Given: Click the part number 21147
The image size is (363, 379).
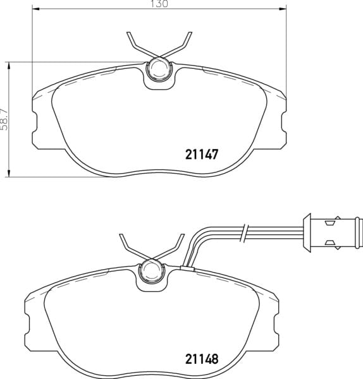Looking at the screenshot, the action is [202, 154].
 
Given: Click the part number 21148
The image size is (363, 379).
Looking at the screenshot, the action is [202, 359].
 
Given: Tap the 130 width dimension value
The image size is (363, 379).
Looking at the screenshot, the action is [159, 4].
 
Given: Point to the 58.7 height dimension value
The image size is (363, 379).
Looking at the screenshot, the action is [4, 119].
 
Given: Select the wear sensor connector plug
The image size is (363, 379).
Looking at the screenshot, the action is [333, 232].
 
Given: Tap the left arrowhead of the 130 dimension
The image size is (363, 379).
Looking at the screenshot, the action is [35, 9].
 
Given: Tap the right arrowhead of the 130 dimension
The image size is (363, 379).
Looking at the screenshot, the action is [283, 9].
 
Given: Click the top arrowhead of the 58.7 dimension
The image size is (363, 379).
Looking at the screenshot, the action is [9, 66].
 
